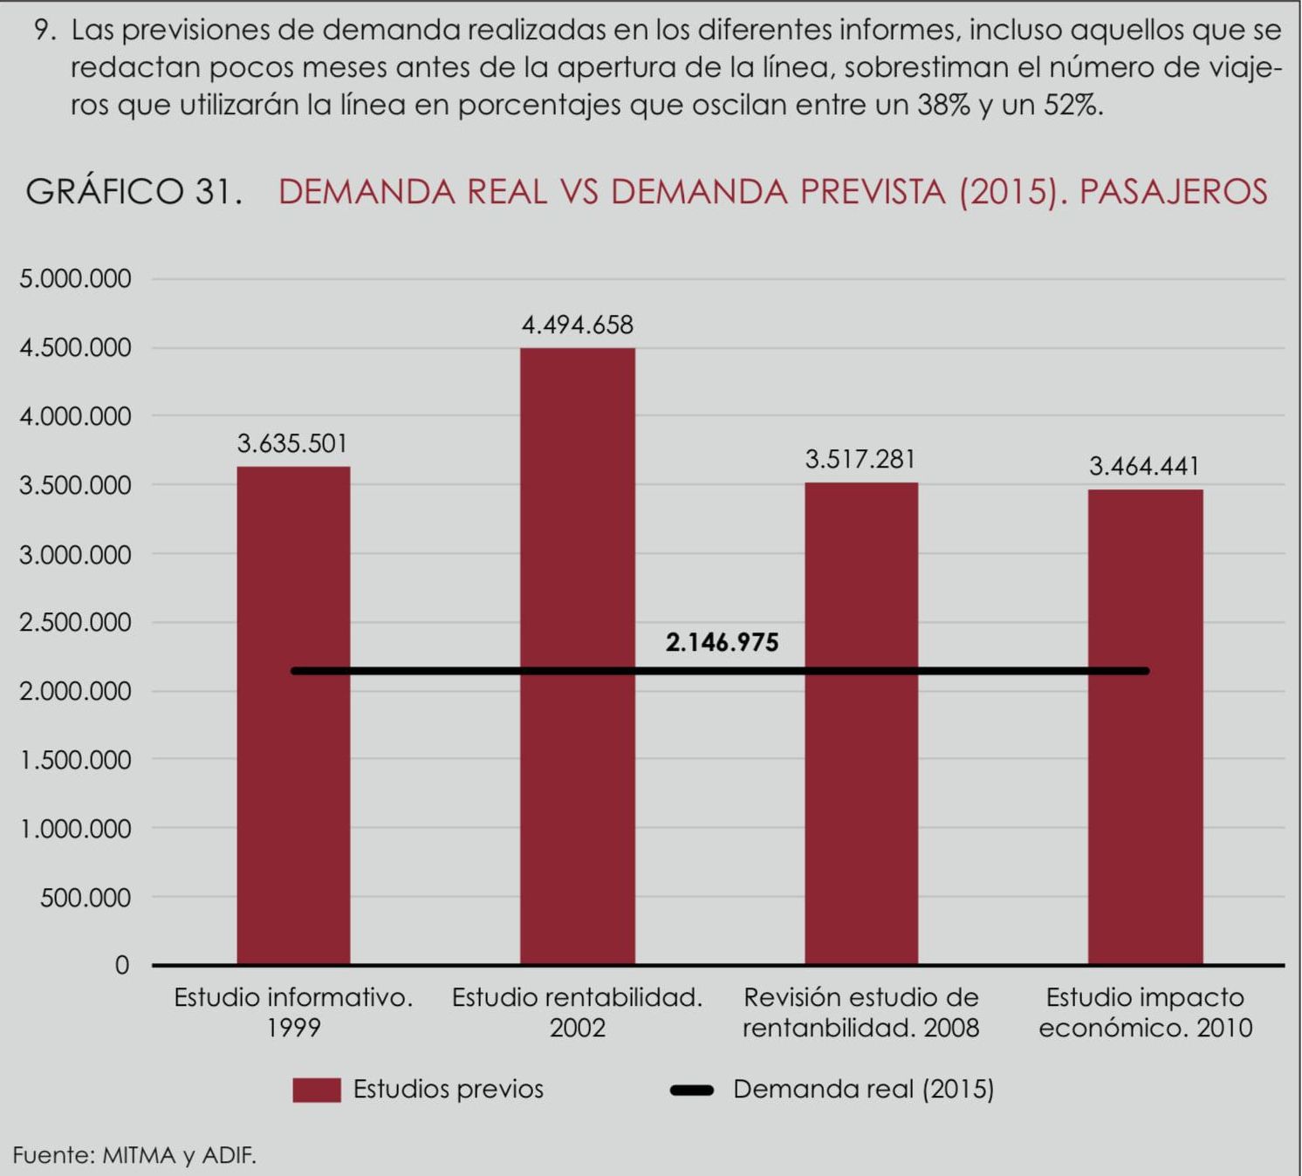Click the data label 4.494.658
[577, 325]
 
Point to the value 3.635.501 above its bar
[292, 444]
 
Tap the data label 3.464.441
[1144, 467]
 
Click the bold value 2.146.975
[722, 643]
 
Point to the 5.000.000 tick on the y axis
[75, 279]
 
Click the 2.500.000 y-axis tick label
[75, 623]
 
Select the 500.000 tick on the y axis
[85, 898]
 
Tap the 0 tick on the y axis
[122, 966]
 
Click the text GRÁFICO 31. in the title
[134, 192]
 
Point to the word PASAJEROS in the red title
[1173, 192]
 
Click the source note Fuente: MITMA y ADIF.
[134, 1156]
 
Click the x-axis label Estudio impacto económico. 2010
[1145, 1012]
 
